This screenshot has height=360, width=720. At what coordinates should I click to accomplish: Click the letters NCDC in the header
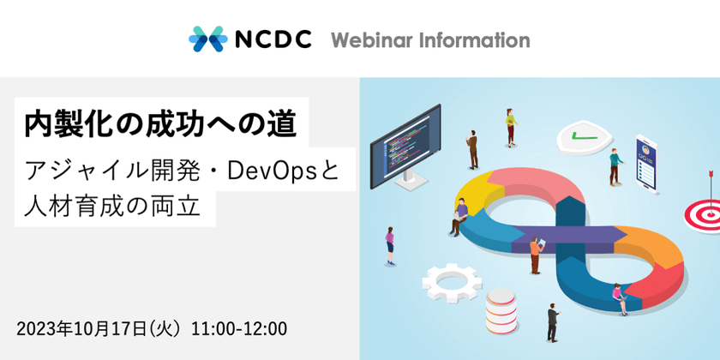click(269, 40)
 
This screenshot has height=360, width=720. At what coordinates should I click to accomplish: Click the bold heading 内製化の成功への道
click(161, 125)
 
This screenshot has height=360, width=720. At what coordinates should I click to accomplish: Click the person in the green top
click(614, 166)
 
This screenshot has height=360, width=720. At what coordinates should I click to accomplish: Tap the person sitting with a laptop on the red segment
click(617, 297)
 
